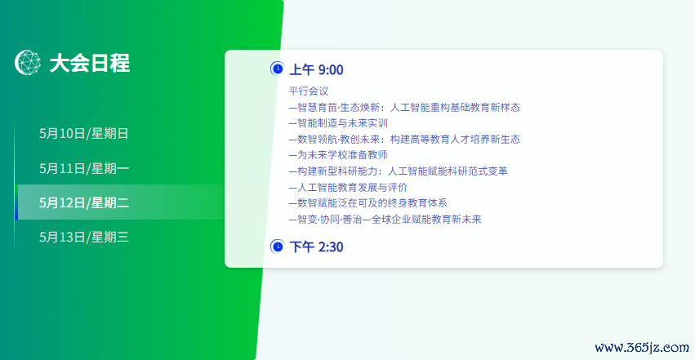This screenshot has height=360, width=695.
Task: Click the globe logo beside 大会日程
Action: click(28, 62)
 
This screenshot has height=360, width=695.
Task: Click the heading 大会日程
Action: click(90, 63)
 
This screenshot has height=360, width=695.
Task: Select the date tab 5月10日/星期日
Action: click(84, 133)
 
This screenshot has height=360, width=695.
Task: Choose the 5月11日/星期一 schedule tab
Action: click(84, 168)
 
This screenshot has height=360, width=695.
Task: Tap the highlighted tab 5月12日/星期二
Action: click(84, 202)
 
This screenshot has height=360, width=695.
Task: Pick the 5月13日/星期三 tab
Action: click(84, 237)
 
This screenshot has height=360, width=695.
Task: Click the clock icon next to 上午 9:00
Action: click(277, 69)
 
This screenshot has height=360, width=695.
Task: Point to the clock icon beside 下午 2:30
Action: click(277, 247)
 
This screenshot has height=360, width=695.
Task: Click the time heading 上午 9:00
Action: click(317, 69)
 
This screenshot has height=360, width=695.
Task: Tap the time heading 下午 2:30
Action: click(317, 247)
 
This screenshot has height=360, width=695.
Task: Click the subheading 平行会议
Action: click(309, 91)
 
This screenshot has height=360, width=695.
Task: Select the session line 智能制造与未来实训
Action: click(338, 123)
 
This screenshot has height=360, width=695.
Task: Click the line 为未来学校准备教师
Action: click(338, 155)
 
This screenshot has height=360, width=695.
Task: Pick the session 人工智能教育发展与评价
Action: click(348, 187)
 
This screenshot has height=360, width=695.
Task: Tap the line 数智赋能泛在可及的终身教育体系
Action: click(368, 202)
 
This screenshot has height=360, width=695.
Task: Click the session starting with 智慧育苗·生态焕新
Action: click(404, 107)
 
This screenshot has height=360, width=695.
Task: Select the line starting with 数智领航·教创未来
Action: click(404, 139)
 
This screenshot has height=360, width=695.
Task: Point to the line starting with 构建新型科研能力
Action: click(398, 171)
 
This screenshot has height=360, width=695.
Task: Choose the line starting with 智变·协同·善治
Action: click(385, 220)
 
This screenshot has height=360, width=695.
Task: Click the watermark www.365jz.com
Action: click(642, 348)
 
